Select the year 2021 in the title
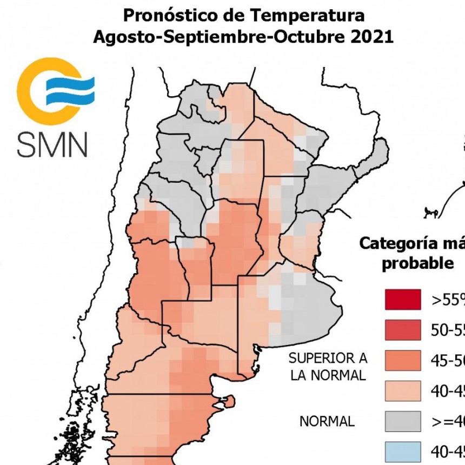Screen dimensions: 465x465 [367, 37]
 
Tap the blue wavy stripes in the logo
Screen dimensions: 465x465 [69, 90]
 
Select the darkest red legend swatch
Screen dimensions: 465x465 [403, 300]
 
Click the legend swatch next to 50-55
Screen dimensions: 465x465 [403, 330]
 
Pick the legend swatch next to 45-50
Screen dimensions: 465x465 [403, 360]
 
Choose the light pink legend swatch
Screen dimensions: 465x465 [403, 390]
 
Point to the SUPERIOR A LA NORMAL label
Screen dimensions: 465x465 [328, 366]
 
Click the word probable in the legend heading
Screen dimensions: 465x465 [417, 264]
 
